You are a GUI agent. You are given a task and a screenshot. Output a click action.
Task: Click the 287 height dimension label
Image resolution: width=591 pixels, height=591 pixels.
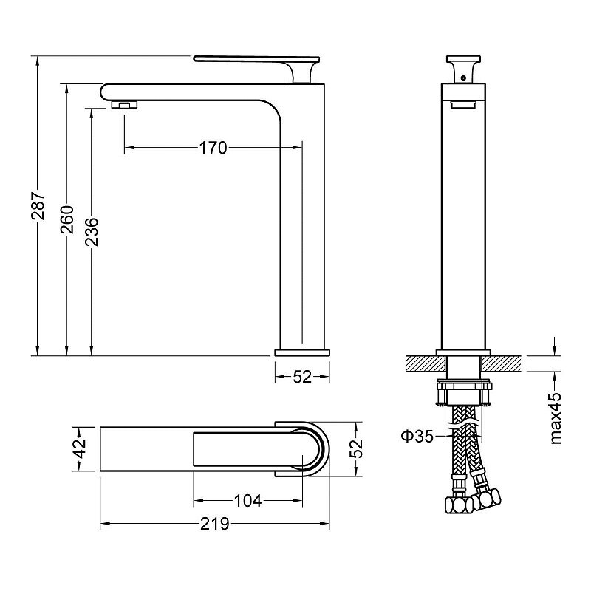tap(38, 206)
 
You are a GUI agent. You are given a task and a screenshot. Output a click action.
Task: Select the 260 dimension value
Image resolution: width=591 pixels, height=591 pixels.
tap(67, 219)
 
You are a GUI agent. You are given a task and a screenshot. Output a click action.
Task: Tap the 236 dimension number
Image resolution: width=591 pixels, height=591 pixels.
tap(92, 232)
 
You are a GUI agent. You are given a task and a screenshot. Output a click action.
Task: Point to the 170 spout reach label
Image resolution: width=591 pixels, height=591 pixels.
tap(213, 148)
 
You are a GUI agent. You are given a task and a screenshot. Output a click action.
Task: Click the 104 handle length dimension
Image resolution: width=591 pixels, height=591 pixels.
tap(248, 501)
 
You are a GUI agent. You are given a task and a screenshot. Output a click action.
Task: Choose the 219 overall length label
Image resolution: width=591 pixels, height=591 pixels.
tap(215, 524)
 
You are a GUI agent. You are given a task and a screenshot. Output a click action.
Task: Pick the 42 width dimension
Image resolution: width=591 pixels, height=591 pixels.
tap(81, 448)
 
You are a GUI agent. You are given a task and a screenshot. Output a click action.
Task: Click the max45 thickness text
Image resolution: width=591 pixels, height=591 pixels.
tap(556, 418)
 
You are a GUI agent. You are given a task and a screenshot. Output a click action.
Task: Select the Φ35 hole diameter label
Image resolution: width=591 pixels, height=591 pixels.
tap(417, 437)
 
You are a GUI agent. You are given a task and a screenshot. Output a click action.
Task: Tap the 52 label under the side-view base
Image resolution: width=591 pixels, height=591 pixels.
tap(302, 377)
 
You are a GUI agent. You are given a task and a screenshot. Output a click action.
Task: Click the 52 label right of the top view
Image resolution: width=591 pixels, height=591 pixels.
tap(356, 448)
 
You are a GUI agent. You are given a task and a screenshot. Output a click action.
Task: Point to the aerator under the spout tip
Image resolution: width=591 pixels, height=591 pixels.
tap(125, 105)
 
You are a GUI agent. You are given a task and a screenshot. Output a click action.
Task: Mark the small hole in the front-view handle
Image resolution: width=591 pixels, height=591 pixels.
tap(463, 78)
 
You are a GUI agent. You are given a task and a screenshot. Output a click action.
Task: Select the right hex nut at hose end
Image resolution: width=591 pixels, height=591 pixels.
tap(487, 499)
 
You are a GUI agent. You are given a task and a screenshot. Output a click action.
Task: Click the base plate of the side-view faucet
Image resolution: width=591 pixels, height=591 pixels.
tap(302, 353)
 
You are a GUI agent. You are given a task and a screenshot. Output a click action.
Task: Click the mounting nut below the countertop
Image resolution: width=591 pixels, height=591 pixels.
tap(464, 393)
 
